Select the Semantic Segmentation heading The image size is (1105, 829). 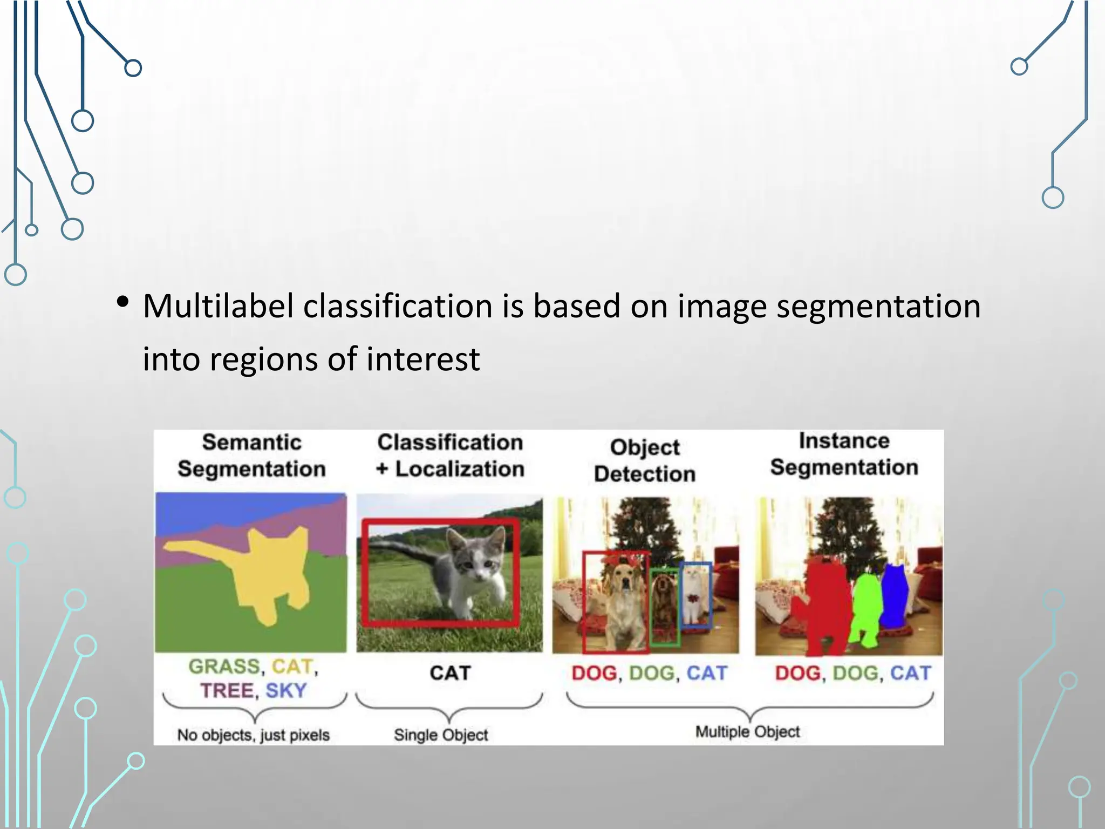(x=251, y=456)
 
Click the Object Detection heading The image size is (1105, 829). (x=645, y=460)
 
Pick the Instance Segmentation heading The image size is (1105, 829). (x=844, y=454)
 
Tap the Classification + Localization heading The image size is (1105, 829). (x=450, y=456)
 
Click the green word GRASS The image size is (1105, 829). (x=224, y=667)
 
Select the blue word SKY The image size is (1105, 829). (x=286, y=691)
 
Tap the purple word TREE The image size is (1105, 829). (x=227, y=691)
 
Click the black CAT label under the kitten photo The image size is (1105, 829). (x=450, y=673)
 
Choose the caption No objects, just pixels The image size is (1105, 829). (x=253, y=735)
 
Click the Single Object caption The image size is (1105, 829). (x=441, y=735)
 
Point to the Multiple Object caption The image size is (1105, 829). (x=747, y=732)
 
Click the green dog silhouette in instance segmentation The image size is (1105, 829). (x=866, y=610)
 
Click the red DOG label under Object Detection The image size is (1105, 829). (x=594, y=673)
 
